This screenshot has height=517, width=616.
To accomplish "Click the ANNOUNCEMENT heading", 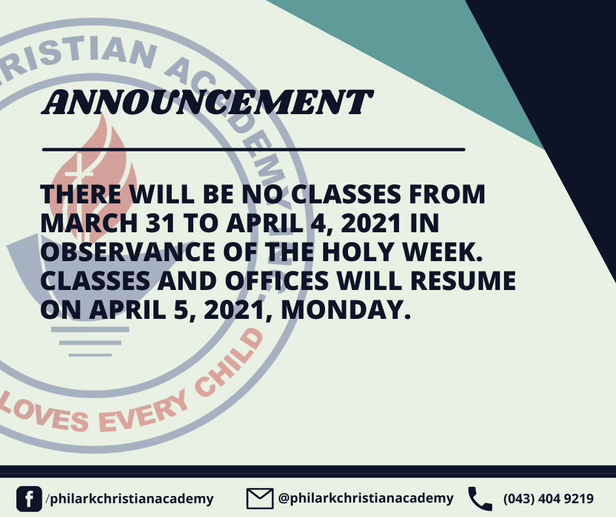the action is [x=208, y=102].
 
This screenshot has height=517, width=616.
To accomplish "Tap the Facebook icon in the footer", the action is [x=29, y=499].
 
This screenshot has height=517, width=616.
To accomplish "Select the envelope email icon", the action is [x=260, y=499].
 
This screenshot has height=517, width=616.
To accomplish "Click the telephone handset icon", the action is [x=480, y=499].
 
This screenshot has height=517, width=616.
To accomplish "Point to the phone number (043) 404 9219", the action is [x=549, y=499].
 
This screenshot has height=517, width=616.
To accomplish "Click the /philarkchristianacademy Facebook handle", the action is [x=130, y=499].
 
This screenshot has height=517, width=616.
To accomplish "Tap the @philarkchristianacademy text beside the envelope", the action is [x=366, y=498].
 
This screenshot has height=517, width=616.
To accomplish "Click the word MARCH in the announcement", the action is [x=89, y=223].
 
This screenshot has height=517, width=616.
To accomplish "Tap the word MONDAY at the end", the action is [x=346, y=310].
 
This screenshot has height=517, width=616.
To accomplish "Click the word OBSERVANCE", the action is [x=128, y=252].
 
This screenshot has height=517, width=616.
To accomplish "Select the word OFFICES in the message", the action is [x=277, y=281].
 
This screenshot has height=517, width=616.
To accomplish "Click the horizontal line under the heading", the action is [x=254, y=150].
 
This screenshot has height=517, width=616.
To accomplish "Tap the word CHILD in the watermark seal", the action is [x=229, y=363].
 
